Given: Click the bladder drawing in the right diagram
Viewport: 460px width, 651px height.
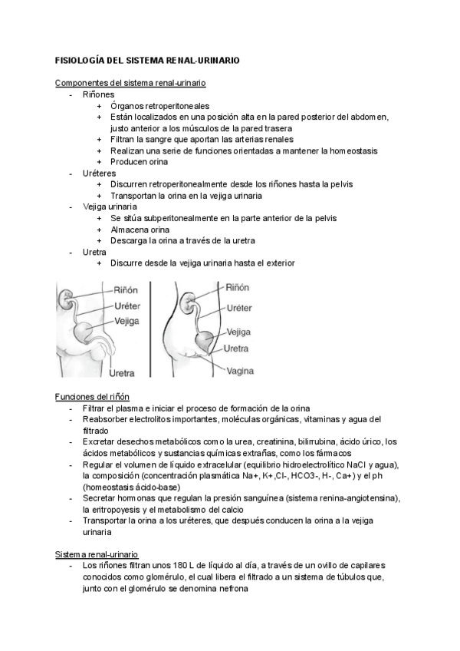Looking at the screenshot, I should point(204,339).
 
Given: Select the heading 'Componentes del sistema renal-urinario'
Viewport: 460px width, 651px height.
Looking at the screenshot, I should point(130,82).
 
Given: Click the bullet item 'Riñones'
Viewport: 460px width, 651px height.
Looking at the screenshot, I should point(98,94).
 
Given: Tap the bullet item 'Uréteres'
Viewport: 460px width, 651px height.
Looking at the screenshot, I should point(100,173).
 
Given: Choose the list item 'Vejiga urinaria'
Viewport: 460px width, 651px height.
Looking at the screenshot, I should point(110,207).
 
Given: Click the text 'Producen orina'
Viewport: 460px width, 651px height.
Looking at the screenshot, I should point(139,162).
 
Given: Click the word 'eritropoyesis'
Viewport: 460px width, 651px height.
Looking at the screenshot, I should point(120,509).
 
